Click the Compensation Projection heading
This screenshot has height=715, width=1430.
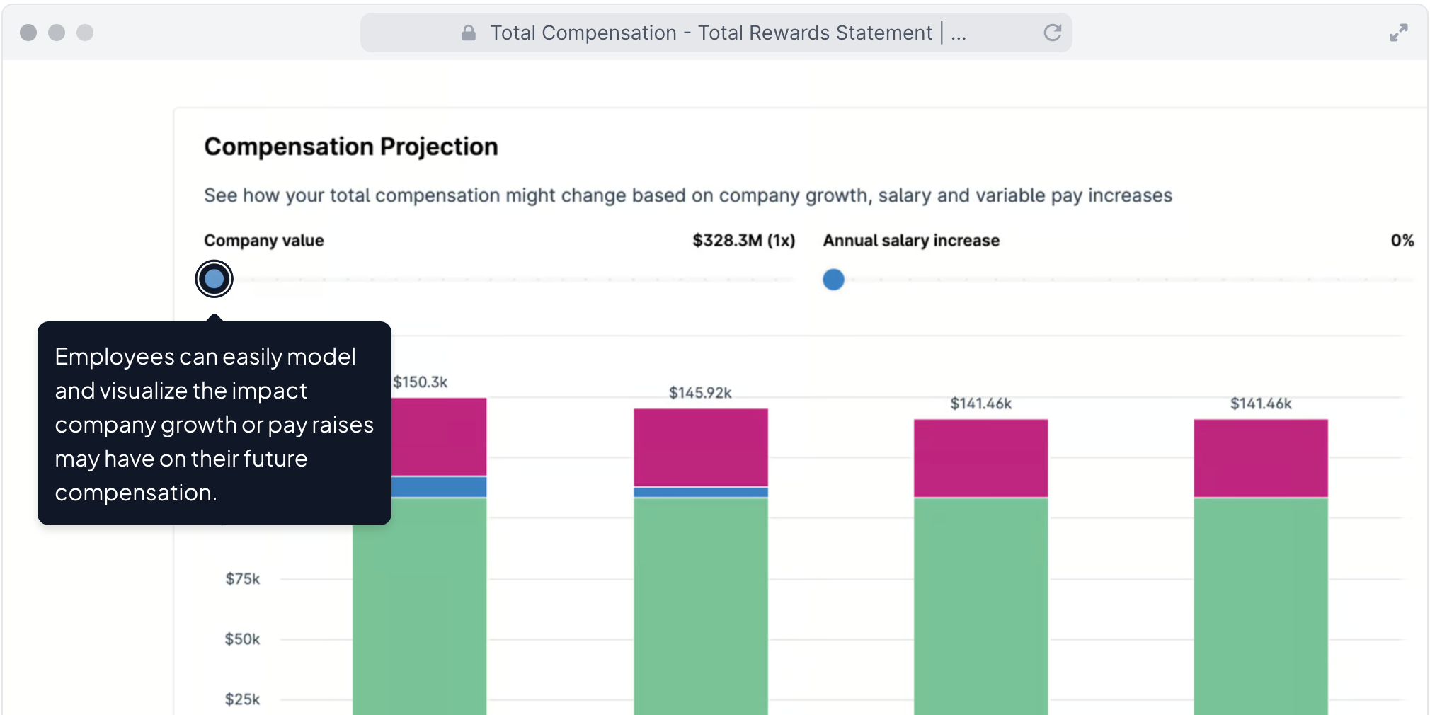351,147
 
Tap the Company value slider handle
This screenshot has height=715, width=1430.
214,279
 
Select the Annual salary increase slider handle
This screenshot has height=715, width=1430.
833,280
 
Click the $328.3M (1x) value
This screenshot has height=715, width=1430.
743,241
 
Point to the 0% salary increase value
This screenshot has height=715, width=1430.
1402,241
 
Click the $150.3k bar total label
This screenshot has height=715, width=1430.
421,382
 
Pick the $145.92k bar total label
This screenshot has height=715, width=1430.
700,393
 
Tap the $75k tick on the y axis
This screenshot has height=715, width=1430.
243,579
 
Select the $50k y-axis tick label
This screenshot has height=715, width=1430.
243,639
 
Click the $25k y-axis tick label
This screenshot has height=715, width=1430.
243,699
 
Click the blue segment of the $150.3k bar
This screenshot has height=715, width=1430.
439,487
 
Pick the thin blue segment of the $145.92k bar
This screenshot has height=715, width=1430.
700,492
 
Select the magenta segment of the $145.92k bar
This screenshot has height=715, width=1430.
700,447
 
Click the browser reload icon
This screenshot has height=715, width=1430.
1053,33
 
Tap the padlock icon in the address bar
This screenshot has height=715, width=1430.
469,33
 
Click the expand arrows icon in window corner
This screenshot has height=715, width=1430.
1398,33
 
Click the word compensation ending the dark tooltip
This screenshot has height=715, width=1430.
135,493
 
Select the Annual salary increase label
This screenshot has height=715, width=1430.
911,241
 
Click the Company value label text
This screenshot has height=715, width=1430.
264,241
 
